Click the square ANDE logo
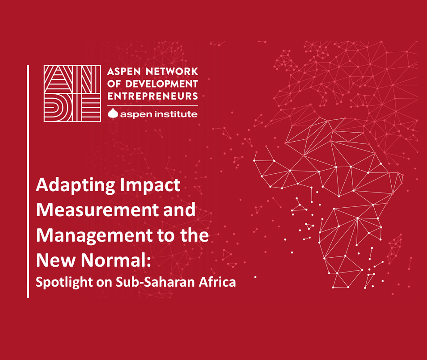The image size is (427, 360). point(72,93)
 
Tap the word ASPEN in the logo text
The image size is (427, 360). point(124,71)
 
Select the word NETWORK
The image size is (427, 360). point(172,71)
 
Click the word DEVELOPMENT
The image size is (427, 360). point(161,84)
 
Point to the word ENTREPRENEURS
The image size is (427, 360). point(152,96)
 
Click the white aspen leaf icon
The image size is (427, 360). point(113,114)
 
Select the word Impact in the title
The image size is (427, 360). point(150,185)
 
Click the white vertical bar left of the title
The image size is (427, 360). point(28,181)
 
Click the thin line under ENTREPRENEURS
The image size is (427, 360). point(152,105)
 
